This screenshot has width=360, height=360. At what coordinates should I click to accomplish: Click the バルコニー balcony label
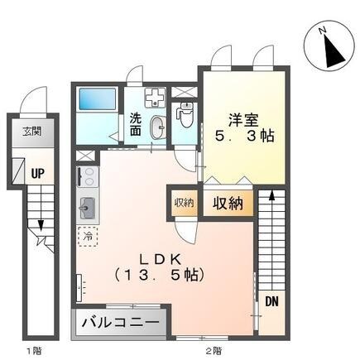tap(121, 320)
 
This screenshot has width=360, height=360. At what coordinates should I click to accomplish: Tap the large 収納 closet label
tap(226, 203)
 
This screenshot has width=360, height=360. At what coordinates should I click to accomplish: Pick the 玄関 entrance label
tap(31, 131)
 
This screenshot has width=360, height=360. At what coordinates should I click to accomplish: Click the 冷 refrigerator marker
tap(87, 237)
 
